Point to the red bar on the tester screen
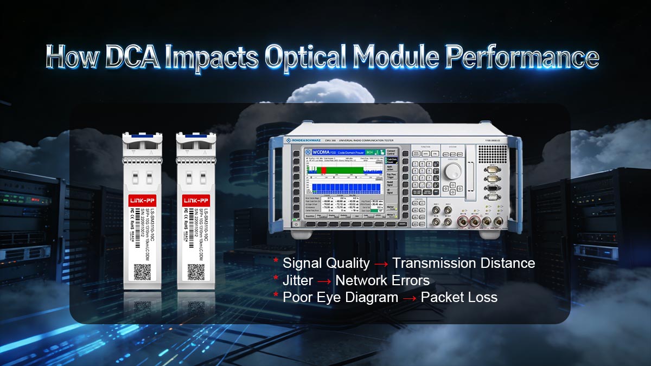click(x=324, y=170)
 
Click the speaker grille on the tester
click(x=492, y=153)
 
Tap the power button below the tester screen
click(x=296, y=222)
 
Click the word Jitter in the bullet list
click(x=298, y=280)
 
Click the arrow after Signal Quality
click(x=381, y=264)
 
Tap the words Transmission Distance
click(x=464, y=264)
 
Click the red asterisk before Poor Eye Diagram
click(x=276, y=296)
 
